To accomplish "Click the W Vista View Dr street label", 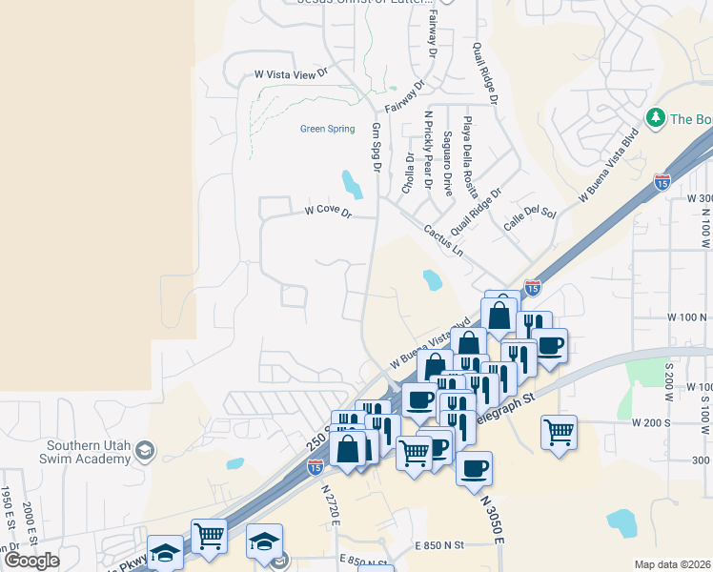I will tap(291, 72).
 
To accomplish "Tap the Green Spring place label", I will tap(327, 129).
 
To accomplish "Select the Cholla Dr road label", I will tap(408, 173).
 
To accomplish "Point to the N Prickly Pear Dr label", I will tap(428, 149).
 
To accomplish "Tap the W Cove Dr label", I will tap(328, 211).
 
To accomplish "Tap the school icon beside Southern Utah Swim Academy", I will tap(144, 450).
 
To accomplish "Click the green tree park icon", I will tap(655, 118).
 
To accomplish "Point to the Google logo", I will tap(31, 561).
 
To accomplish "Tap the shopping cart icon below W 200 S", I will tap(559, 432).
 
